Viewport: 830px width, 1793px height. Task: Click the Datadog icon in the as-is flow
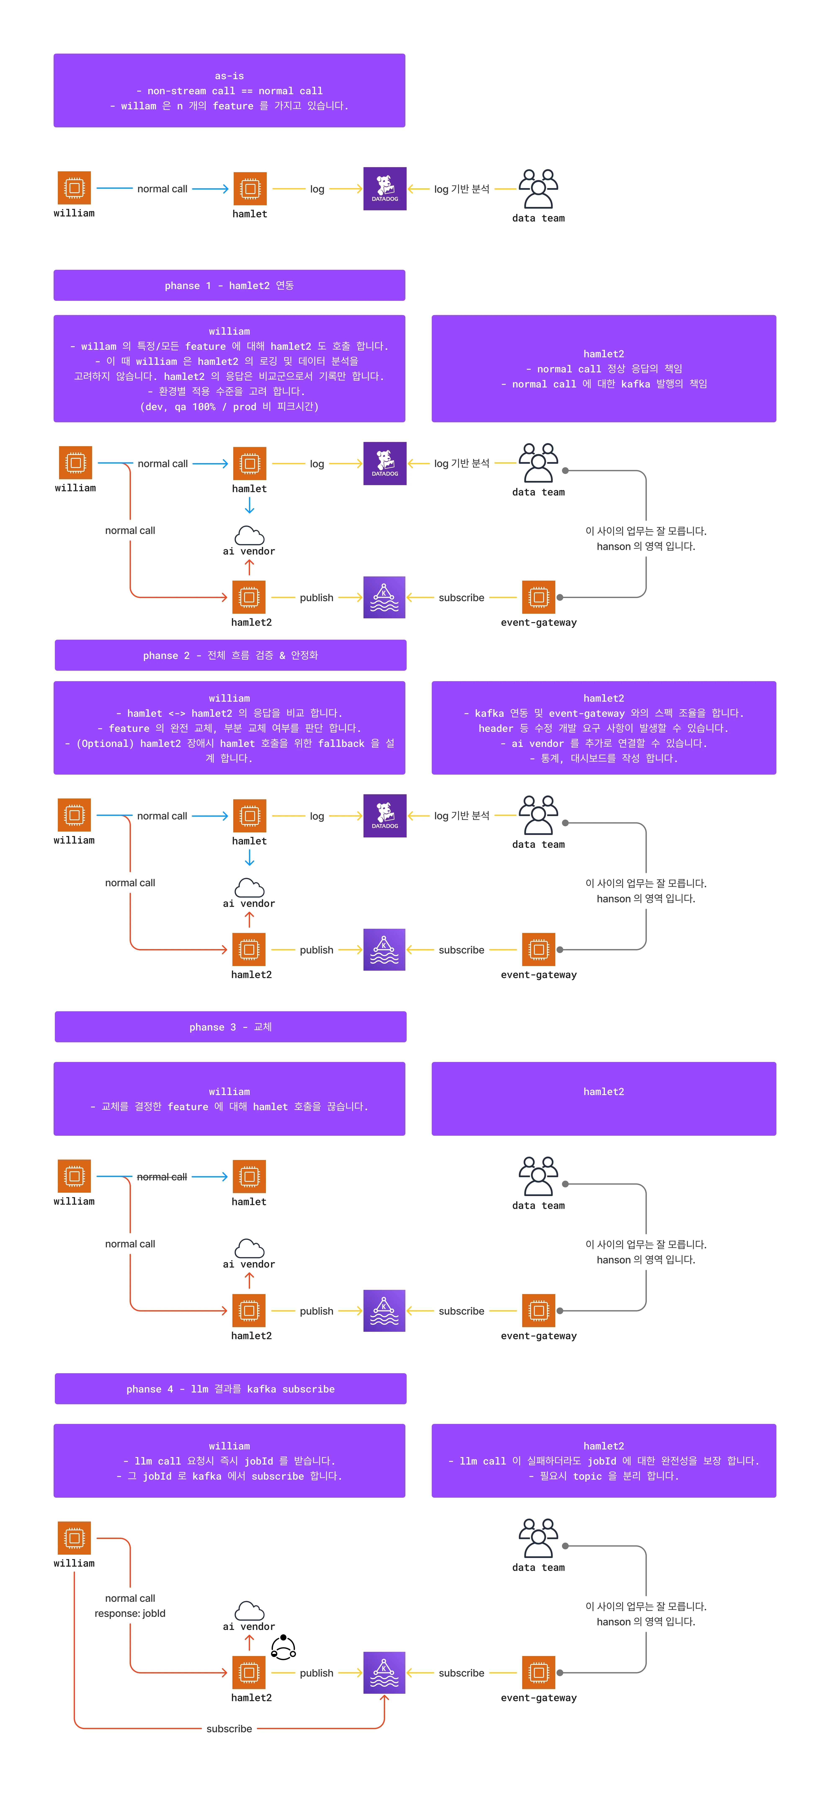pos(385,189)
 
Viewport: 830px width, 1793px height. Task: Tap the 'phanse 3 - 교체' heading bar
pos(230,1027)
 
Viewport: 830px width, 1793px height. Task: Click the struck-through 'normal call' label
pos(162,1176)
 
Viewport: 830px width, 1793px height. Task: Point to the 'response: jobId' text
pos(130,1613)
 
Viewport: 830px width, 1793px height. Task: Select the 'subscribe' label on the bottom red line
pos(229,1728)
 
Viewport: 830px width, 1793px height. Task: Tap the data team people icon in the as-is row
pos(539,189)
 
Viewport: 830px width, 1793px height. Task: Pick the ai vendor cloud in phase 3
pos(249,1248)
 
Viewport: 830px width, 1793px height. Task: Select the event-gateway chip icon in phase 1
pos(539,597)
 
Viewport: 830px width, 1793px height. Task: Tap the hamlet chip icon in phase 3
pos(249,1176)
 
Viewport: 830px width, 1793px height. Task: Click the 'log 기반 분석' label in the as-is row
pos(462,189)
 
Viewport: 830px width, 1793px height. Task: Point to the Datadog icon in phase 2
pos(385,816)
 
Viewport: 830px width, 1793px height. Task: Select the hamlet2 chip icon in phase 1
pos(249,597)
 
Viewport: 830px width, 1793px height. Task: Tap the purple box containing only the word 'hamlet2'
pos(604,1098)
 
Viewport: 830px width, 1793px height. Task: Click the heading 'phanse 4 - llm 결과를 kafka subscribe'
pos(230,1389)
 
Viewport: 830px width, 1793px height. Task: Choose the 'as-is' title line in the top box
pos(229,76)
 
